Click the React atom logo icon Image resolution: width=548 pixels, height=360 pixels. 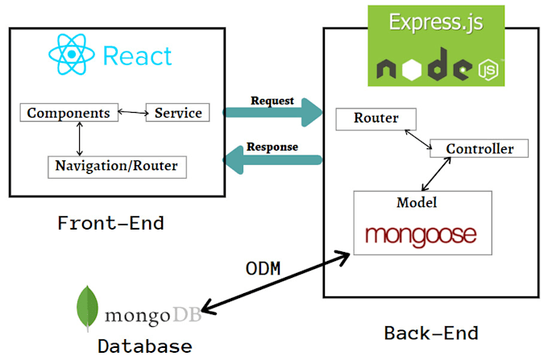(x=72, y=55)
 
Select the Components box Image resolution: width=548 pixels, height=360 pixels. (x=68, y=113)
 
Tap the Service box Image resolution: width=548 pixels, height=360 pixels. (x=177, y=113)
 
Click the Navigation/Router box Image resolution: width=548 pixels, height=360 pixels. (x=117, y=167)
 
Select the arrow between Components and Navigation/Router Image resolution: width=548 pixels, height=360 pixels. (x=79, y=139)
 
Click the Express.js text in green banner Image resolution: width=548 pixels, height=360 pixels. (x=436, y=22)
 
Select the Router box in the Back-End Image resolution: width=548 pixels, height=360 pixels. (x=376, y=118)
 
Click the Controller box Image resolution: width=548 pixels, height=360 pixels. (x=479, y=148)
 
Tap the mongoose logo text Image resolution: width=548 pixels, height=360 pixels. (x=420, y=234)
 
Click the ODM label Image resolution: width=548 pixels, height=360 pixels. (x=263, y=268)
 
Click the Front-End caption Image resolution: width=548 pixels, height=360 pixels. (x=110, y=223)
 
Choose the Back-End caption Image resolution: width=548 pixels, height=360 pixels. (x=431, y=332)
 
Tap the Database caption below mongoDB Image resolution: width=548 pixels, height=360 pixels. (x=145, y=346)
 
